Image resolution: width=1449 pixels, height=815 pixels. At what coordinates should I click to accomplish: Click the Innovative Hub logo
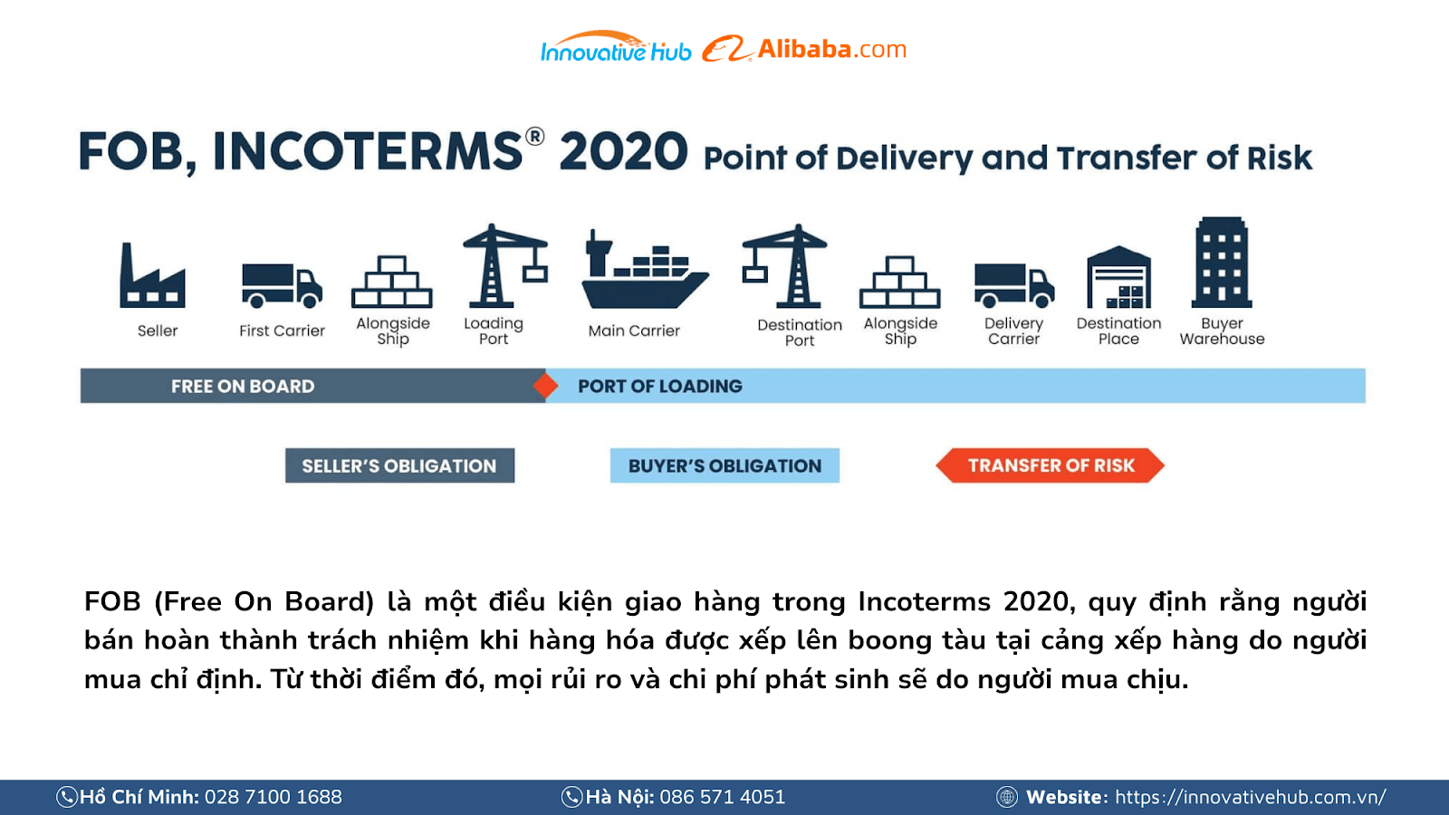click(616, 47)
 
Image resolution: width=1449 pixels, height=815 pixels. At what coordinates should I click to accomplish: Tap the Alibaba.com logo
click(804, 49)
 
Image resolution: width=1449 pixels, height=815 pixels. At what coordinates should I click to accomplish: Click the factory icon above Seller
click(153, 275)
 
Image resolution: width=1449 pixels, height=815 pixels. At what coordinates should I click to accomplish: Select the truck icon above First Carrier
click(282, 285)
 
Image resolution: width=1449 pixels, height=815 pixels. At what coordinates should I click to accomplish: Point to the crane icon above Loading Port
click(505, 266)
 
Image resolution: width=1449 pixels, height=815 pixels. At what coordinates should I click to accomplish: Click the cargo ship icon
click(645, 270)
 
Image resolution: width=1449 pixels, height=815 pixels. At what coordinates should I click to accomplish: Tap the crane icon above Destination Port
click(784, 266)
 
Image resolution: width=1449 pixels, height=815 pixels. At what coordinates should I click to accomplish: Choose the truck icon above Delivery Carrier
click(1014, 285)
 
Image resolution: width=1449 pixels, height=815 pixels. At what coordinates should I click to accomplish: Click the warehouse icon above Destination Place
click(1119, 277)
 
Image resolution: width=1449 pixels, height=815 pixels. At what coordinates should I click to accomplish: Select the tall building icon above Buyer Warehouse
click(1222, 262)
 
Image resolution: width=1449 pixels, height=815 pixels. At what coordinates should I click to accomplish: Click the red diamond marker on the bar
click(545, 386)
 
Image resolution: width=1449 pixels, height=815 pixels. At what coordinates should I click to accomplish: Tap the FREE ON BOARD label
click(243, 386)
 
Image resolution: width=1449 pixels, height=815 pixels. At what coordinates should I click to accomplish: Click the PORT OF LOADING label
click(660, 386)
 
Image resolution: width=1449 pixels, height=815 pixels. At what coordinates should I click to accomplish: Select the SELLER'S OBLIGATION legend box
click(399, 465)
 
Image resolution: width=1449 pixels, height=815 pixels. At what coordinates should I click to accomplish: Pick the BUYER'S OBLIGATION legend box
click(724, 465)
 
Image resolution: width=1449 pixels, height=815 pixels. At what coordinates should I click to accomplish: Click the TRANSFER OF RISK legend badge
click(1050, 465)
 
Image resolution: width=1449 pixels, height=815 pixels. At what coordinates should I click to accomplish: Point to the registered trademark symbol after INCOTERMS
click(534, 137)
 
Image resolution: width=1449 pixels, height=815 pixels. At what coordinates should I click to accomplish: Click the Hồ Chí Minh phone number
click(273, 797)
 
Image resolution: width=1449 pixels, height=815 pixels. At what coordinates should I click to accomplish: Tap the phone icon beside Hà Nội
click(571, 797)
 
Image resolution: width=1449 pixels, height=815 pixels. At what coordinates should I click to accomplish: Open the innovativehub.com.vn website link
click(1251, 797)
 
